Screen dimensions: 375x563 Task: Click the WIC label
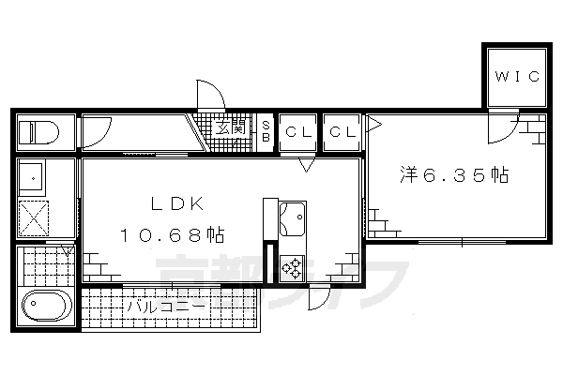(513, 76)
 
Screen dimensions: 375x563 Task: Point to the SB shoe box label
(266, 131)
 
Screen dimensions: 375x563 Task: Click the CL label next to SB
(297, 131)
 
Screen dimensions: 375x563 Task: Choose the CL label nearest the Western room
(342, 131)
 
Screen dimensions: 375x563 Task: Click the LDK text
(172, 204)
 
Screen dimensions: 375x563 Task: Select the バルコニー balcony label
(163, 306)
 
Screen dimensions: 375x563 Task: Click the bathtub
(46, 307)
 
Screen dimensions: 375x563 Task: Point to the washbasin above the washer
(36, 175)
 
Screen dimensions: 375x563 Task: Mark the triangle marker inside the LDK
(306, 166)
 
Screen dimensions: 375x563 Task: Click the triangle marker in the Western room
(373, 123)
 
